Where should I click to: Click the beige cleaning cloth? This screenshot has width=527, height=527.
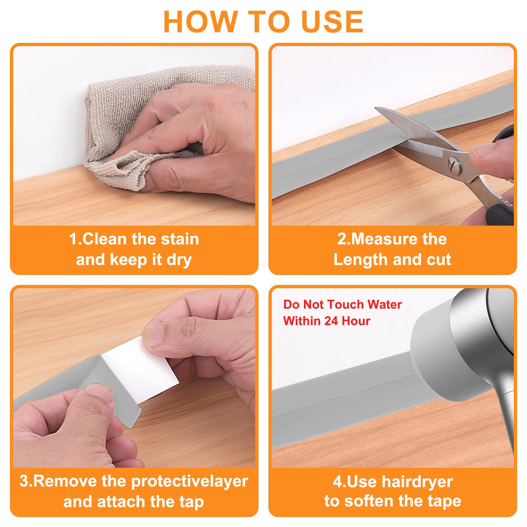(x=138, y=109)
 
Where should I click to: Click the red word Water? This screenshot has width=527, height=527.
(x=384, y=304)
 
